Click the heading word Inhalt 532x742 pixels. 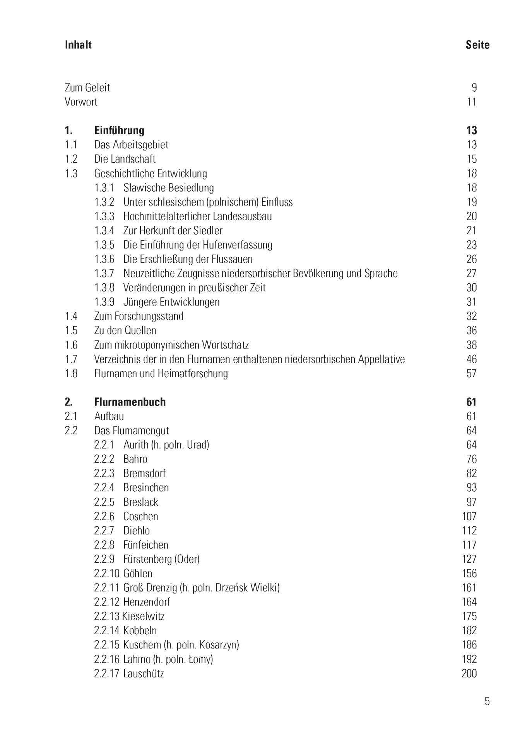tap(78, 45)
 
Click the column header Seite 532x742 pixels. tap(477, 45)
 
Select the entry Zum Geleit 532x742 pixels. tap(87, 88)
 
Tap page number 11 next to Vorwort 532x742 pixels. tap(472, 102)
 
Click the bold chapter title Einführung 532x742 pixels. tap(119, 131)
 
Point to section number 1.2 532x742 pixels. tap(71, 159)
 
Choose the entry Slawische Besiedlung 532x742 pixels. tap(168, 188)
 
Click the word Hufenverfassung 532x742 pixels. tap(236, 245)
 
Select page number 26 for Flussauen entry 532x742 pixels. tap(471, 259)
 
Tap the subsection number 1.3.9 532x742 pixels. tap(104, 302)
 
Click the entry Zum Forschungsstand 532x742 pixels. tap(139, 317)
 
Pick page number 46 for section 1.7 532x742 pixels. tap(471, 359)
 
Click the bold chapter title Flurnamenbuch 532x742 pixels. tap(130, 402)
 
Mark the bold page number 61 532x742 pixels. tap(471, 402)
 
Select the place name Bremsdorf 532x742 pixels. tap(144, 473)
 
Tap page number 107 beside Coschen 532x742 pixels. tap(469, 517)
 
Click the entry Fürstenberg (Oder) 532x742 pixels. tap(161, 559)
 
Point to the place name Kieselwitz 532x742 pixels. tap(144, 616)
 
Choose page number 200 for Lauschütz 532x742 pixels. tap(469, 674)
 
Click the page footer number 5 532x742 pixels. tap(487, 701)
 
